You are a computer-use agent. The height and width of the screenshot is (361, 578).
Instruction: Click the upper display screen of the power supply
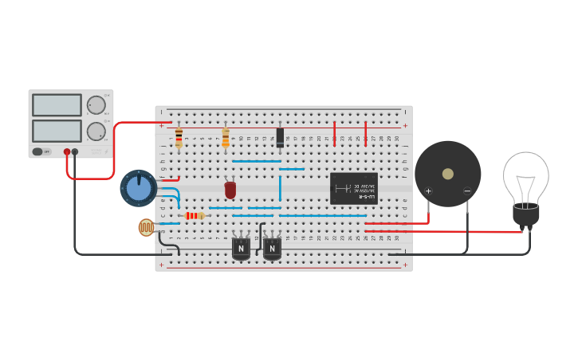click(57, 105)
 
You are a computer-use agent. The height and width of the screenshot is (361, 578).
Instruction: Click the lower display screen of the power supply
click(57, 131)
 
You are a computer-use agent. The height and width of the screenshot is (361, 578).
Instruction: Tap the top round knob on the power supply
click(96, 105)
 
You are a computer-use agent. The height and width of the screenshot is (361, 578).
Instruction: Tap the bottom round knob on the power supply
click(96, 131)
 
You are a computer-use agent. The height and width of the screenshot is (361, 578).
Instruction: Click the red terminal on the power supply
click(67, 151)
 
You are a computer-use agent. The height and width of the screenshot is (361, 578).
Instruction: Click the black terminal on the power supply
click(75, 151)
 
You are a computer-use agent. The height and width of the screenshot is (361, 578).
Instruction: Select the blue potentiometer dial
click(139, 188)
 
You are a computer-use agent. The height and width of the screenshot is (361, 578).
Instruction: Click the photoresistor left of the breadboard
click(147, 228)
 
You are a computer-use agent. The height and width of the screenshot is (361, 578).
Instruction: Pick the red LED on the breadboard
click(230, 190)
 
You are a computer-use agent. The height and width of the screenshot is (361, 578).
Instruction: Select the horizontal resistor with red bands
click(194, 215)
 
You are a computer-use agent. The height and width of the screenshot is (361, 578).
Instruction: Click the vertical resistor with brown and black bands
click(179, 138)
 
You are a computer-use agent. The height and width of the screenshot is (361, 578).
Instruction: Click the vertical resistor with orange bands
click(226, 139)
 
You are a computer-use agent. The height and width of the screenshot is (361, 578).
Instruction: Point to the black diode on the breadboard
click(280, 137)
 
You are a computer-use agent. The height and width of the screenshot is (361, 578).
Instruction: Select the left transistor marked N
click(241, 249)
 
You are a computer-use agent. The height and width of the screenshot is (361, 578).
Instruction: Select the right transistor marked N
click(272, 249)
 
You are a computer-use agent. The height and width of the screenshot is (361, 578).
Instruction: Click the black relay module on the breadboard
click(353, 189)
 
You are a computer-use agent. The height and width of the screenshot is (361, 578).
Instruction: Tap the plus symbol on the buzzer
click(428, 191)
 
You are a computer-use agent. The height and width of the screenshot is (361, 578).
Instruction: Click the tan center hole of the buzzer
click(448, 174)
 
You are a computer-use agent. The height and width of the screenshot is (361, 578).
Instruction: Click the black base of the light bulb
click(525, 214)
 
